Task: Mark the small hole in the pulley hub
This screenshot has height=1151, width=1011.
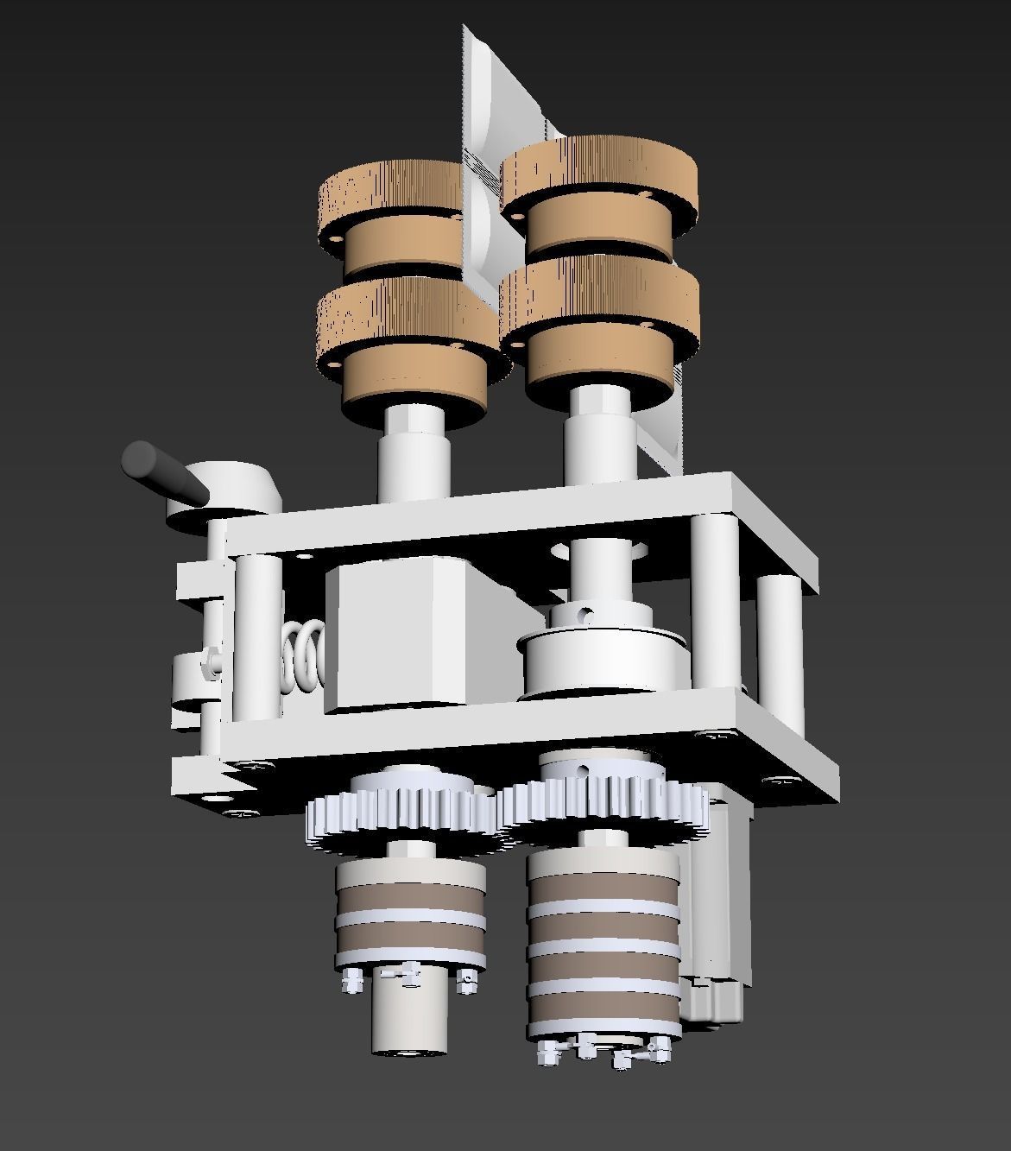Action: (x=586, y=616)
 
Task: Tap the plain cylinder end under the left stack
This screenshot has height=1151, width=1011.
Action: (x=410, y=1023)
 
